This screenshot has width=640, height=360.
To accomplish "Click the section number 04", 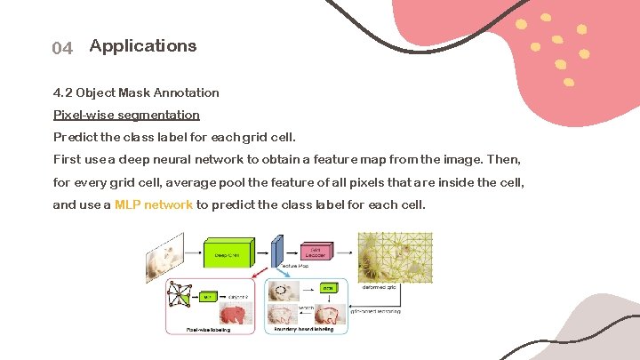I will (62, 48).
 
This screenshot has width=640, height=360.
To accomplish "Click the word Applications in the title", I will (143, 45).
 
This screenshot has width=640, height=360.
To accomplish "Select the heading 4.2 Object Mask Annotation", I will (136, 92).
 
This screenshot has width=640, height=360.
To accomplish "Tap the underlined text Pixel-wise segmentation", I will (126, 115).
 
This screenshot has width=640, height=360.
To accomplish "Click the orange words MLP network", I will (154, 204).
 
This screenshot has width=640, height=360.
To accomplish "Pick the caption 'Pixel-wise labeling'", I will (209, 329).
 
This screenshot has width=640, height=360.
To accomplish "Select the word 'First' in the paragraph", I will (68, 159).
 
